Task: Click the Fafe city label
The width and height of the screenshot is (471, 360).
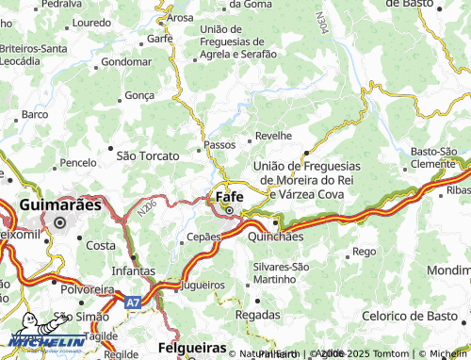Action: tap(231, 197)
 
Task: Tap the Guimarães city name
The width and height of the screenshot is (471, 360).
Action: tap(59, 204)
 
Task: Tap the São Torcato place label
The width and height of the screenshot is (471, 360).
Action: tap(147, 155)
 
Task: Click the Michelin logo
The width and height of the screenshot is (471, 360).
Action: tap(34, 332)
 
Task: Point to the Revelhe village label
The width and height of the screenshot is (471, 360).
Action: tap(274, 136)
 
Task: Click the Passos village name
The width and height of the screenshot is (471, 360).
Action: tap(220, 146)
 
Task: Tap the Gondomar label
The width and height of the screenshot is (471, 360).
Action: tap(125, 61)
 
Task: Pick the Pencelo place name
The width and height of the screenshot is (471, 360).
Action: tap(77, 163)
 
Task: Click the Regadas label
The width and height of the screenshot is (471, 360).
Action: tap(257, 313)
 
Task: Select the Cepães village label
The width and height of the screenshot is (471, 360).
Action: tap(203, 237)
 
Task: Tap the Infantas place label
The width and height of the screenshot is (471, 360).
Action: tap(132, 270)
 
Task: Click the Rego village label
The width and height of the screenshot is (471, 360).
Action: tap(363, 252)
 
